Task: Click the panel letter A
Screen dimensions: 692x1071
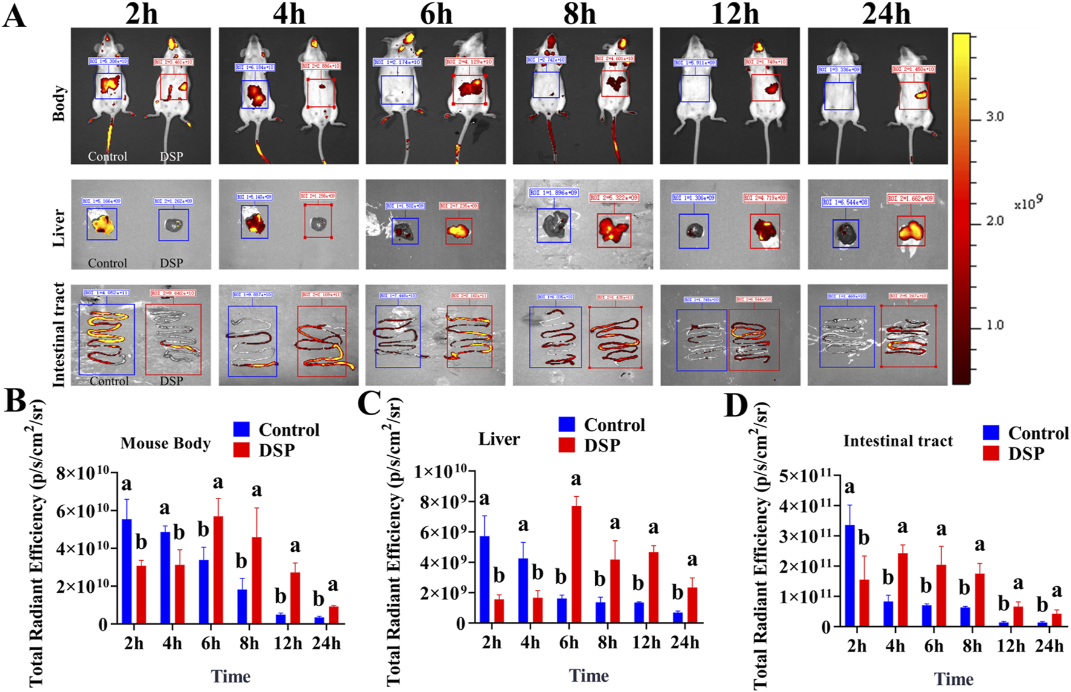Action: coord(15,16)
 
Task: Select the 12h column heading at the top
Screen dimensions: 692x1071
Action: coord(734,13)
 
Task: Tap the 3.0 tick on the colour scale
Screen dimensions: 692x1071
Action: coord(995,117)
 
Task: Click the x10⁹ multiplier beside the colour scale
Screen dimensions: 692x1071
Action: coord(1028,203)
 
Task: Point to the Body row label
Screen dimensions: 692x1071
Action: coord(59,103)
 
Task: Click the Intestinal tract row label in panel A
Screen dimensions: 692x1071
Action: coord(59,335)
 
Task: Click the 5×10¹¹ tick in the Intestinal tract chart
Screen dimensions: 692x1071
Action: coord(806,476)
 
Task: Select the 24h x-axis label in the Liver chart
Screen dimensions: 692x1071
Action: coord(685,642)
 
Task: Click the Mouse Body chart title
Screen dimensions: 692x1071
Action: coord(165,443)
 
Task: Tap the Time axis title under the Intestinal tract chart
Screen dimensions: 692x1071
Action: coord(954,679)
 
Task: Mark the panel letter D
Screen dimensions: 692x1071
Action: coord(736,407)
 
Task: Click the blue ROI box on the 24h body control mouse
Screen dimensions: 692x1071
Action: coord(839,95)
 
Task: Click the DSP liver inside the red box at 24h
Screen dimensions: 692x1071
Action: coord(910,231)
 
